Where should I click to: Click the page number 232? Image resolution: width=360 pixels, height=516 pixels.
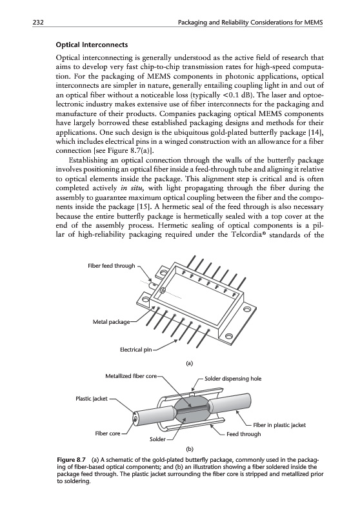pos(38,23)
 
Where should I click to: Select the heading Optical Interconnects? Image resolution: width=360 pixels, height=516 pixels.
pos(92,45)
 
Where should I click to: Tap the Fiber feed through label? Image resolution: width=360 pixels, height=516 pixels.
pos(112,266)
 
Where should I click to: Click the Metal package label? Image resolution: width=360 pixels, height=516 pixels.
pos(112,322)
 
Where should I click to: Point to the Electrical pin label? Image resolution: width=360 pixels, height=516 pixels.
pos(136,350)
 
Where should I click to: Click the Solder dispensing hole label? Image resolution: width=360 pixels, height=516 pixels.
pos(233,379)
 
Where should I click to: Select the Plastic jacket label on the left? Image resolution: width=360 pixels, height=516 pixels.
pos(92,399)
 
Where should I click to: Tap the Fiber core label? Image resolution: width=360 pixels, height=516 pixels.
pos(108,433)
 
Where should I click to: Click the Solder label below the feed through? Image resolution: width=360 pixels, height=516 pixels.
pos(157,439)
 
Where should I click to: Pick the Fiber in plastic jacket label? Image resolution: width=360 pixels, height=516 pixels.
pos(279,425)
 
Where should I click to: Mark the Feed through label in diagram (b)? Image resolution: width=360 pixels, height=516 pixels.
pos(243,434)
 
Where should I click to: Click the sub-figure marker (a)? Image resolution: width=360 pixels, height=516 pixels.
pos(189,364)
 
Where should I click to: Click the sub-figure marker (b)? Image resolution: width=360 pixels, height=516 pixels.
pos(190,448)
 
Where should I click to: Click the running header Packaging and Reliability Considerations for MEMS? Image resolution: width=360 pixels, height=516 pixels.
pos(250,23)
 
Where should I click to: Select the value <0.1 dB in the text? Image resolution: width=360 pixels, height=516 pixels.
pos(239,95)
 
